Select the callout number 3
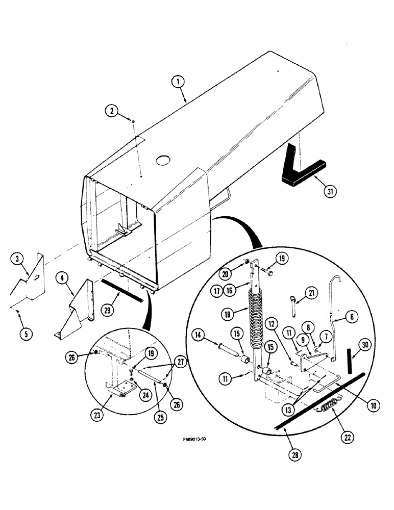coord(17,260)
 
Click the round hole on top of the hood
coord(163,160)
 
